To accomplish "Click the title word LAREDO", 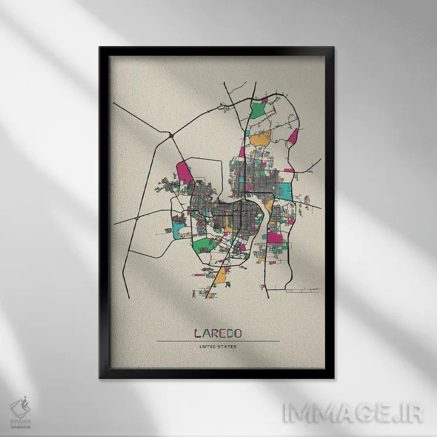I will click(x=217, y=334).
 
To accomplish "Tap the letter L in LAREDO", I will click(x=197, y=334).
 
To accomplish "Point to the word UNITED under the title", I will click(x=207, y=348).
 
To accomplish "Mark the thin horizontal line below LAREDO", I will click(x=217, y=341).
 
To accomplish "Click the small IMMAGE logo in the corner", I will click(x=21, y=408).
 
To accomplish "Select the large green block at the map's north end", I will click(x=258, y=110).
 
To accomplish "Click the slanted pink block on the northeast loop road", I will click(x=294, y=136).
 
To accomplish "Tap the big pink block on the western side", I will click(x=185, y=171).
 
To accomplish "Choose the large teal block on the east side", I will click(x=286, y=191).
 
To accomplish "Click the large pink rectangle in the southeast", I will click(x=274, y=237).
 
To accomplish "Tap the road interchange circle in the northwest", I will click(x=171, y=135).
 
